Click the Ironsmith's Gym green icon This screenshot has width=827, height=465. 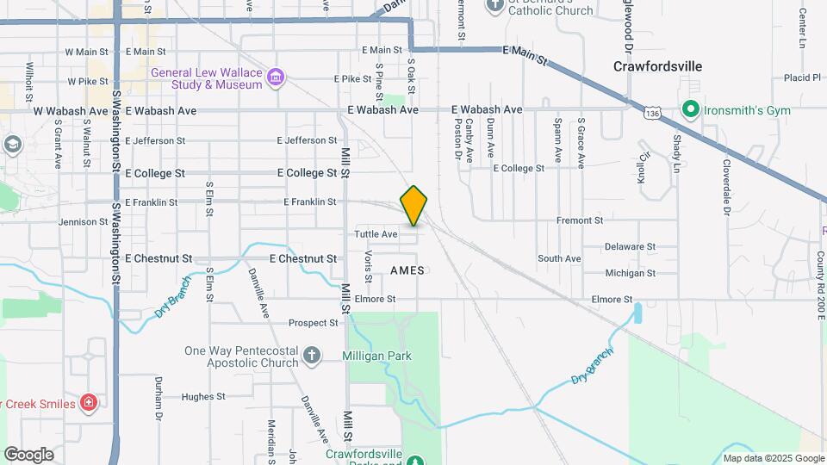[689, 110]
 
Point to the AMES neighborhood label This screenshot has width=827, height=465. [407, 270]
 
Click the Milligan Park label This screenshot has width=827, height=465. [376, 356]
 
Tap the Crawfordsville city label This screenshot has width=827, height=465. [657, 66]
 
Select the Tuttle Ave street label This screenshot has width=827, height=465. [376, 234]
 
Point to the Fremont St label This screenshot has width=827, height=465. [579, 220]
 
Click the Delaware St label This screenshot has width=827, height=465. [630, 245]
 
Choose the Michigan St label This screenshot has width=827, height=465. [630, 273]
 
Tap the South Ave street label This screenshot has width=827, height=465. [559, 258]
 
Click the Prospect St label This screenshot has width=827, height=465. [314, 323]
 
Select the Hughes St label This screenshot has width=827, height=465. [203, 397]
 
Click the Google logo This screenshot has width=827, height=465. [28, 454]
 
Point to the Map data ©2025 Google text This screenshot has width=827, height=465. [773, 458]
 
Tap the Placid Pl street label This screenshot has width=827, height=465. [802, 77]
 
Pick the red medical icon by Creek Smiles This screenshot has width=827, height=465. [89, 402]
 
